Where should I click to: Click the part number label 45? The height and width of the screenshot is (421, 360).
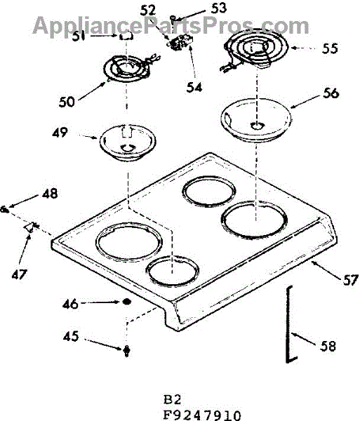[x=71, y=336]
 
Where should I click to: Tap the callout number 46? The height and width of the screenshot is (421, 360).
[x=70, y=305]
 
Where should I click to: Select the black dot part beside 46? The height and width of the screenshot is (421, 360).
[x=126, y=302]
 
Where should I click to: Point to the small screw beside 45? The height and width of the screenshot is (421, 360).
[x=126, y=351]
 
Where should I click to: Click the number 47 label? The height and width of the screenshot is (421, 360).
[x=20, y=274]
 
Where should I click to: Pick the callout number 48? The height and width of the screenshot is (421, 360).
[x=50, y=194]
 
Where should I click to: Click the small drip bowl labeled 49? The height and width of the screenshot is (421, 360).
[x=128, y=142]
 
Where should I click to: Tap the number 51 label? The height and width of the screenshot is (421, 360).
[x=79, y=36]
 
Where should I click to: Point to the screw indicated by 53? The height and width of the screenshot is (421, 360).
[x=173, y=20]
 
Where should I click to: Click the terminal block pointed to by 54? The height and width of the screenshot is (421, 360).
[x=180, y=43]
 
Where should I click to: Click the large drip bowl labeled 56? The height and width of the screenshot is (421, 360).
[x=256, y=120]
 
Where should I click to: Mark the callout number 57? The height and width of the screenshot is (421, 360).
[x=351, y=279]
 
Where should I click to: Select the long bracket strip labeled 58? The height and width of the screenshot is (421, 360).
[x=288, y=324]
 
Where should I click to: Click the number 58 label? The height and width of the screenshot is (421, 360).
[x=328, y=346]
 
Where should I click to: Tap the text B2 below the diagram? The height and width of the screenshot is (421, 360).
[x=173, y=399]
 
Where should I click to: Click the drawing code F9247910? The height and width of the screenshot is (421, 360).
[x=202, y=415]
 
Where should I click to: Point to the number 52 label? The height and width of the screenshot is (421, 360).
[x=148, y=11]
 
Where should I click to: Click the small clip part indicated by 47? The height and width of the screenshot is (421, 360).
[x=30, y=227]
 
